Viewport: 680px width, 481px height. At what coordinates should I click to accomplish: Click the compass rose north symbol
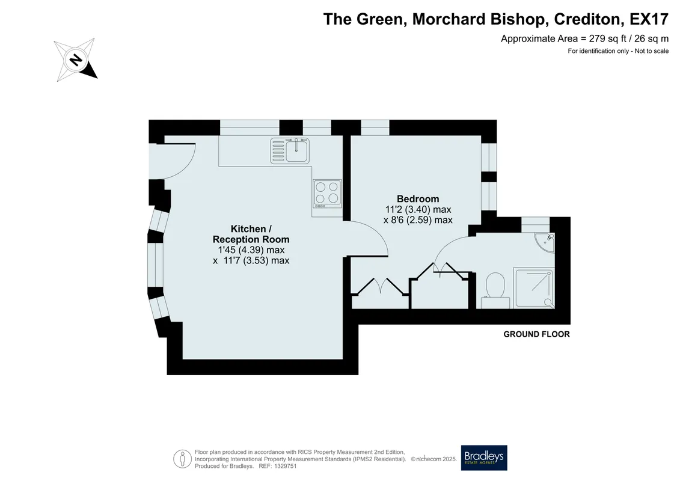pos(76,60)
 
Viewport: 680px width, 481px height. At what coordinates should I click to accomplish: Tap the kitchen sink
pos(290,151)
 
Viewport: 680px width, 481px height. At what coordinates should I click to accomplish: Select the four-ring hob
pos(327,194)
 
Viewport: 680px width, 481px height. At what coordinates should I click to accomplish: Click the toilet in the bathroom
pos(495,290)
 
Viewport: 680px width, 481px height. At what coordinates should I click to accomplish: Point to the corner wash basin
pos(545,242)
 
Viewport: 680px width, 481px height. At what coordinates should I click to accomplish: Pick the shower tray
pos(534,289)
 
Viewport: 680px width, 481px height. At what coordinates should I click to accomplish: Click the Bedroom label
pos(418,198)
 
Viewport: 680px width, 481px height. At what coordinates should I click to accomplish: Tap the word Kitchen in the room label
pos(248,228)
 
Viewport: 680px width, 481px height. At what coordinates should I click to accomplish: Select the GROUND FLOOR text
pos(536,334)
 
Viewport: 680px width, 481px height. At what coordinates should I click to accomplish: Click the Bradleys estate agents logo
pos(483,458)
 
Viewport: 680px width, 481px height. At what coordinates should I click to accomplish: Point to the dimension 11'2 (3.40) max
pos(418,209)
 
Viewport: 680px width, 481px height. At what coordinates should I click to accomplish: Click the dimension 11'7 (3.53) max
pos(256,261)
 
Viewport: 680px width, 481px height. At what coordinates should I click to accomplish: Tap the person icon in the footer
pos(182,459)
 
